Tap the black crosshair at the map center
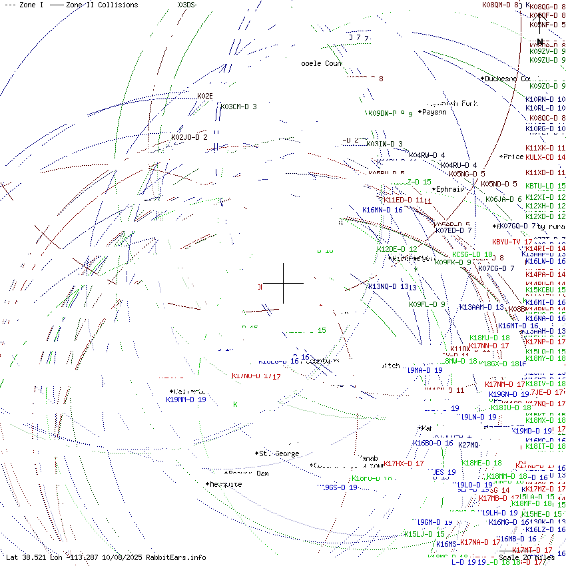pyautogui.click(x=283, y=283)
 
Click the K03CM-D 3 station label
pyautogui.click(x=238, y=107)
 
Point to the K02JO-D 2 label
pyautogui.click(x=189, y=138)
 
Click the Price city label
pyautogui.click(x=513, y=157)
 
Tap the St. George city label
pyautogui.click(x=278, y=454)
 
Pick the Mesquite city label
pyautogui.click(x=225, y=485)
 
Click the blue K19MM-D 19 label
pyautogui.click(x=186, y=400)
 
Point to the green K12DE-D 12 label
pyautogui.click(x=397, y=249)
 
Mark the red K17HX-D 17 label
pyautogui.click(x=404, y=463)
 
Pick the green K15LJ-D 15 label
pyautogui.click(x=424, y=535)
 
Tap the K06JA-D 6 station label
pyautogui.click(x=503, y=199)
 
